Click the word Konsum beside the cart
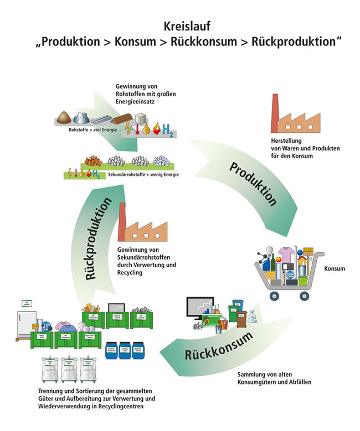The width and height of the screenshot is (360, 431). click(x=335, y=269)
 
